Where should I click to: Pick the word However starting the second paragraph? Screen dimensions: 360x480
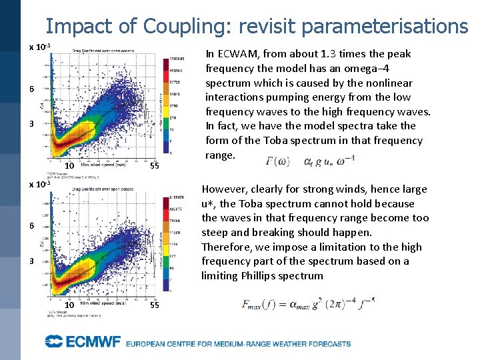tap(225, 189)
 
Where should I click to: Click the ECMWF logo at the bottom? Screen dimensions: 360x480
tap(83, 343)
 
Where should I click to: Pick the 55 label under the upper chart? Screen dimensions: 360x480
tap(153, 166)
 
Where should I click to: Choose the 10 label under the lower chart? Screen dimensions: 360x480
tap(69, 305)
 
